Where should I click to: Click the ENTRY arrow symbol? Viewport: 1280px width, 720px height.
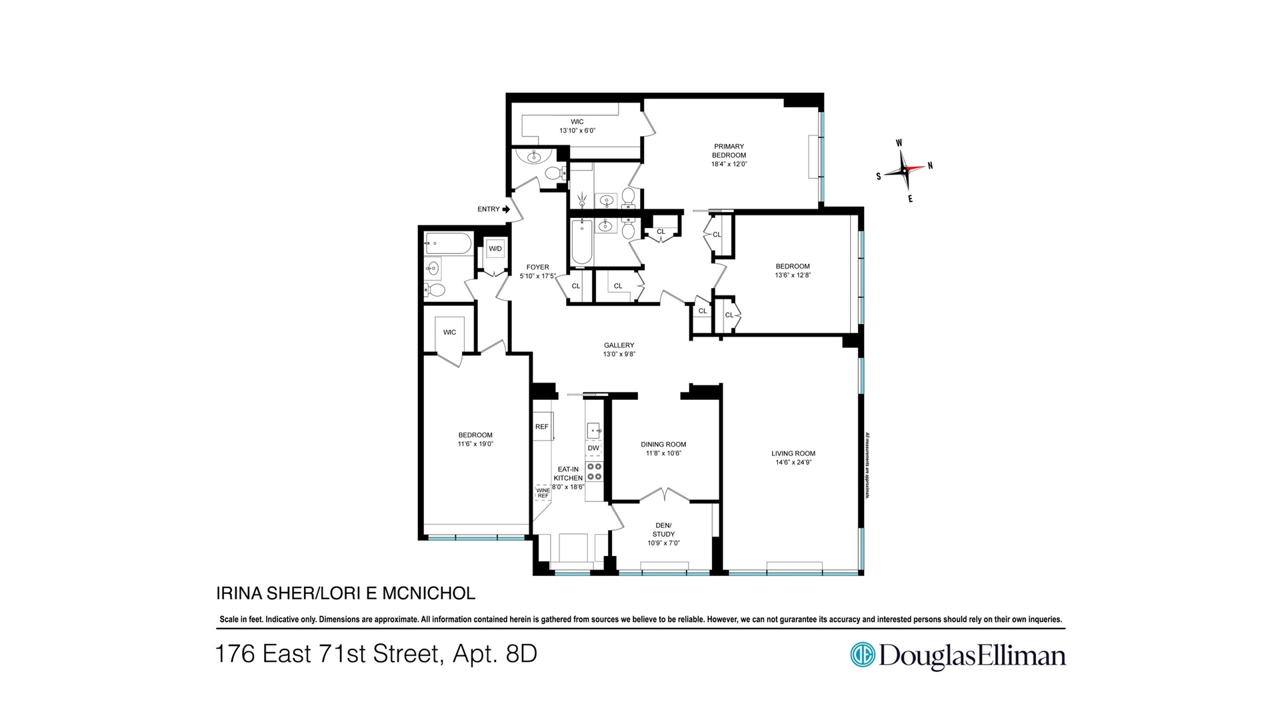coord(506,209)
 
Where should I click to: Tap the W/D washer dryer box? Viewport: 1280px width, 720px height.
coord(495,249)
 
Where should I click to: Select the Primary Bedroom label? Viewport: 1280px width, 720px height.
coord(729,151)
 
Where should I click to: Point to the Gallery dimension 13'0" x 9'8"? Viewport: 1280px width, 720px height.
coord(619,355)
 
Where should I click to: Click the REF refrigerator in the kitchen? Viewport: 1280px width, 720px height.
coord(542,427)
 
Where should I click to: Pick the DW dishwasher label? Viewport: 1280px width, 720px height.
coord(593,448)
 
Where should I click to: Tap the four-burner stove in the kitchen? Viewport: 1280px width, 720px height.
coord(593,471)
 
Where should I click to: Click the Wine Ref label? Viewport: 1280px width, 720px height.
coord(543,493)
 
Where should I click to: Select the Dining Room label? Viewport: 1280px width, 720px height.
coord(663,445)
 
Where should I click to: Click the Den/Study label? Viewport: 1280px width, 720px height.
coord(663,529)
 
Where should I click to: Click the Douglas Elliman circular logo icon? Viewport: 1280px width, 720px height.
coord(862,655)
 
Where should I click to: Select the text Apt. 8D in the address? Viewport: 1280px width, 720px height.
coord(495,654)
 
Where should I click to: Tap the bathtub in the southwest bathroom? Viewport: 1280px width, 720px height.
coord(448,244)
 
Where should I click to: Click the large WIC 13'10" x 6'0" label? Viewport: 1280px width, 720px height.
coord(577,126)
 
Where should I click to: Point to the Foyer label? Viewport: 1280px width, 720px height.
coord(537,267)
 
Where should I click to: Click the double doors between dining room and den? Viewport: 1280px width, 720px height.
coord(665,495)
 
